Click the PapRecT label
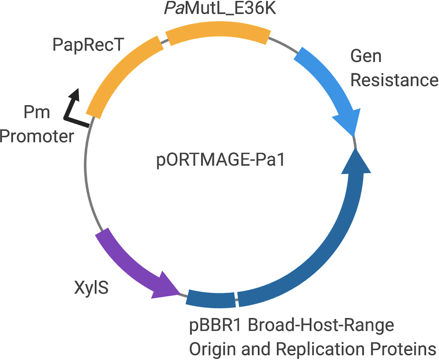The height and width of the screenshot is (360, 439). [88, 45]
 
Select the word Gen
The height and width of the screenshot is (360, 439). [366, 56]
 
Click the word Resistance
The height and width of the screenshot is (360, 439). [394, 80]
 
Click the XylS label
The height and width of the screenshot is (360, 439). [92, 288]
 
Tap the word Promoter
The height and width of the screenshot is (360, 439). [37, 137]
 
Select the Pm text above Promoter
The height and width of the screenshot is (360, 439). [36, 112]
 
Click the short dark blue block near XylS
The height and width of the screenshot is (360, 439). [211, 299]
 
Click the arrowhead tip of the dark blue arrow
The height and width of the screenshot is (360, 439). [356, 152]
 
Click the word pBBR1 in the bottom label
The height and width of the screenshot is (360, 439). [215, 325]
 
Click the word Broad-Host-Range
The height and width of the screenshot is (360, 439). [321, 325]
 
